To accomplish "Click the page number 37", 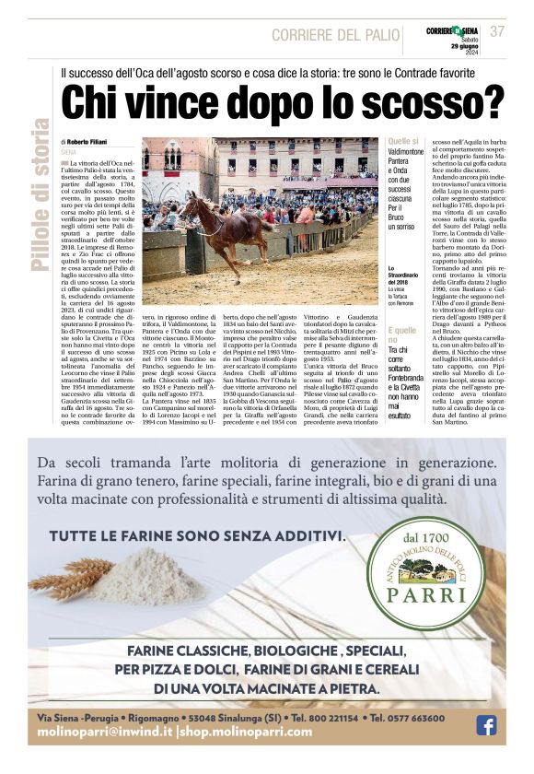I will pos(497,30).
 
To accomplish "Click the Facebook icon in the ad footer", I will pos(485,725).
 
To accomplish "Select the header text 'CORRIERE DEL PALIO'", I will pos(334,35).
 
